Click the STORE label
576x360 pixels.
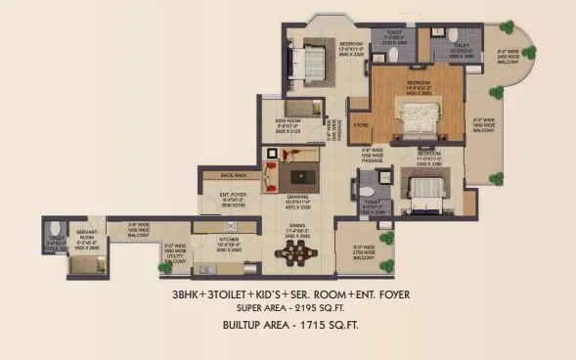359,124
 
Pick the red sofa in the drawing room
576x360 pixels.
273,175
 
